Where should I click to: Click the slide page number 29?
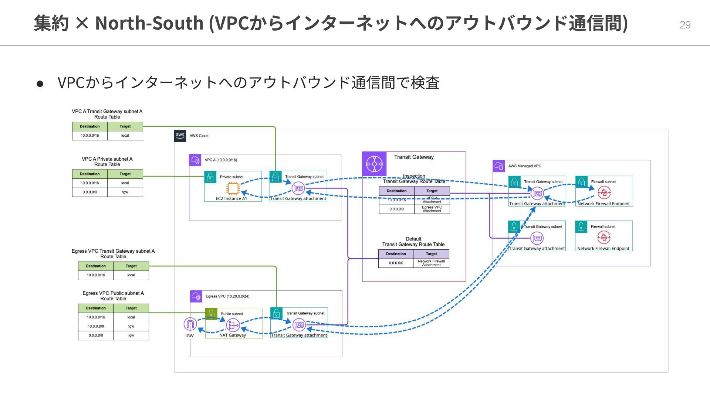click(x=685, y=25)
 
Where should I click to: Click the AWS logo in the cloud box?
click(x=180, y=136)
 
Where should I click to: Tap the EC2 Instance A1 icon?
click(x=233, y=189)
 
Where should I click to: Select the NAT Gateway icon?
click(x=233, y=325)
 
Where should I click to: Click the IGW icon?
click(x=190, y=324)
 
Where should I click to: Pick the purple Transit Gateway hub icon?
click(x=374, y=164)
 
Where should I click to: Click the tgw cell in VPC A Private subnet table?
click(x=125, y=192)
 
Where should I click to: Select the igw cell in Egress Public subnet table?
click(x=131, y=335)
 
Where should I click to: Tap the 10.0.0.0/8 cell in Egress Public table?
click(x=96, y=326)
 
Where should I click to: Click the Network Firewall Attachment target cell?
click(x=431, y=263)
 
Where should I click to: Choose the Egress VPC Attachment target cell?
click(x=432, y=209)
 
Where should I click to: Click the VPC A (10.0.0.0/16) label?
click(x=221, y=160)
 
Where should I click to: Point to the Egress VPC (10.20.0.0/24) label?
click(x=227, y=296)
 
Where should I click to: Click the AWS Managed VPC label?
click(x=524, y=166)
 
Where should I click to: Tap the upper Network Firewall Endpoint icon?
click(x=604, y=192)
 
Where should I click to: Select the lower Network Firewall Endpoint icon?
click(x=603, y=237)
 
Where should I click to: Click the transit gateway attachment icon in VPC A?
click(x=298, y=189)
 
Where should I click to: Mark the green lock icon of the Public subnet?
click(x=211, y=314)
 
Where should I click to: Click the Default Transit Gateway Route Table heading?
click(x=413, y=242)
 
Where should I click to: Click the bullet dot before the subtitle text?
click(x=40, y=83)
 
